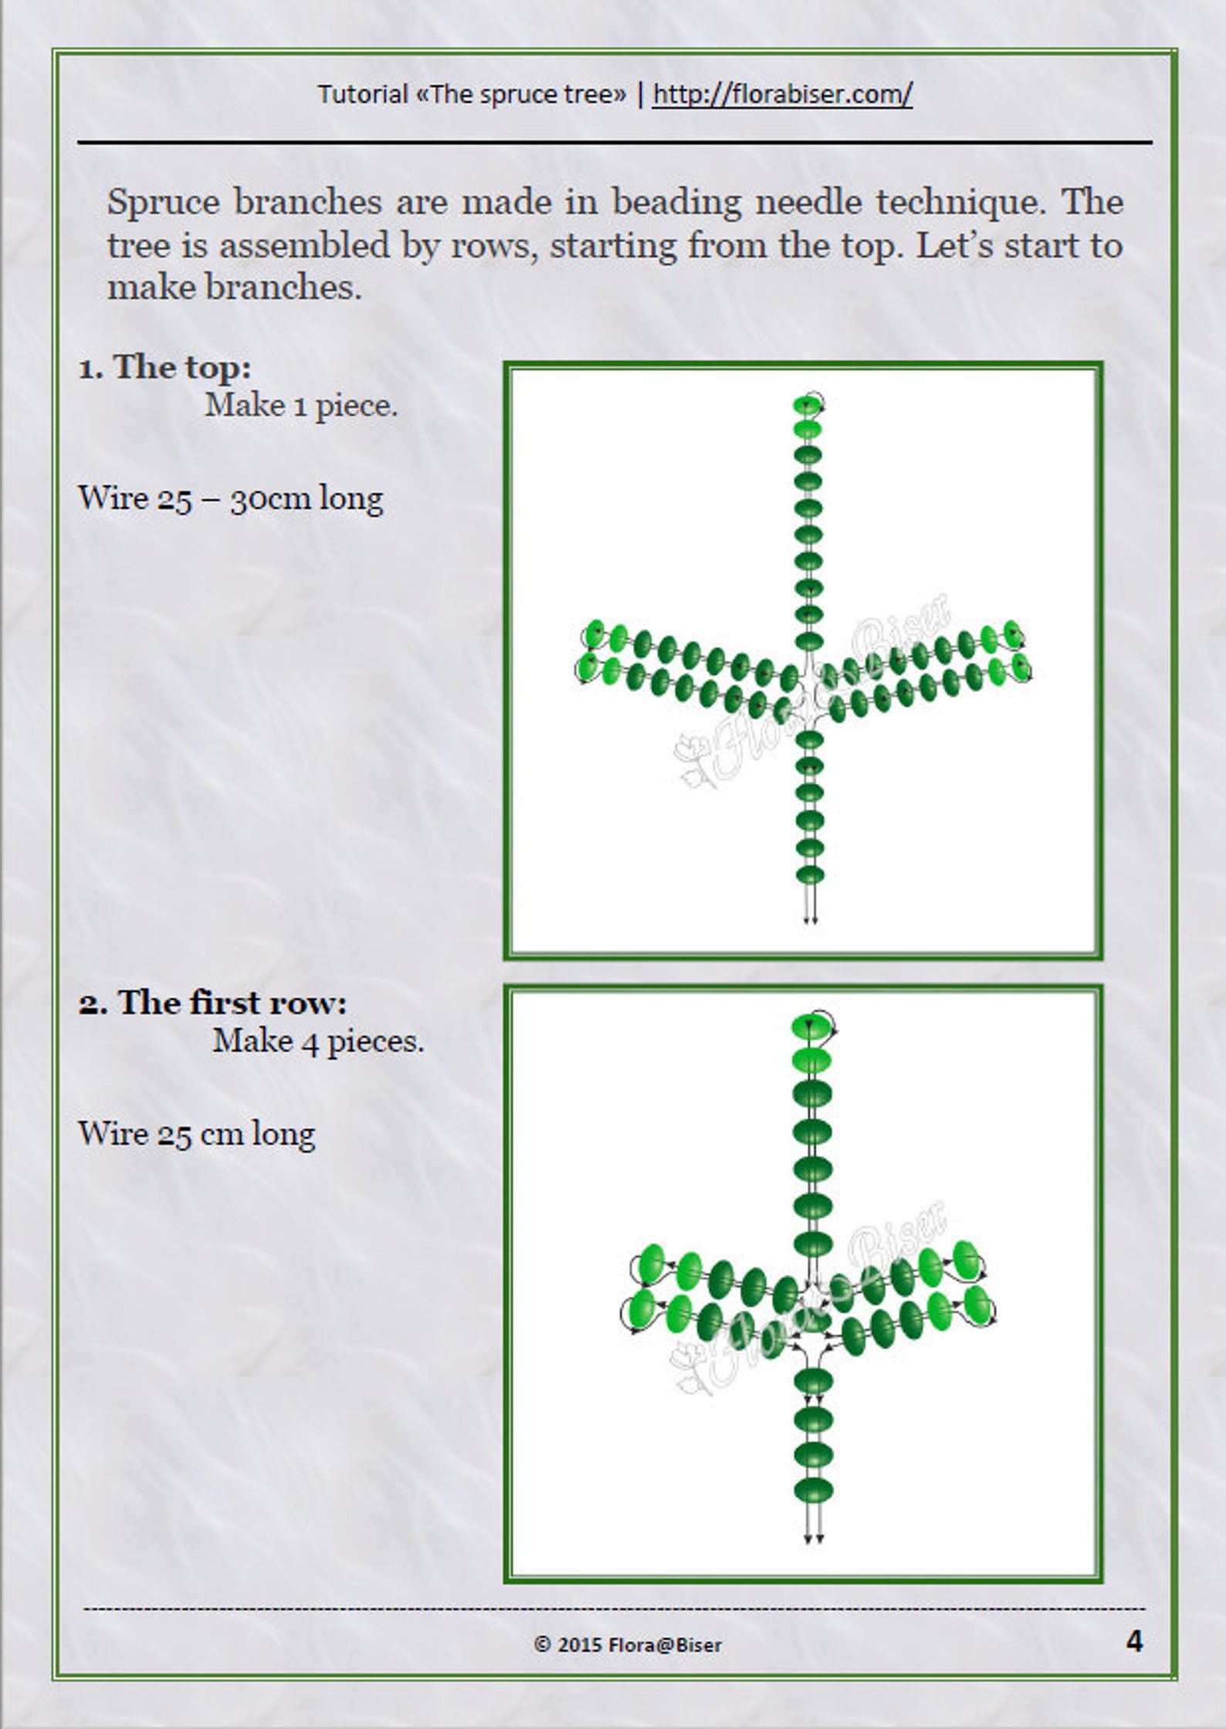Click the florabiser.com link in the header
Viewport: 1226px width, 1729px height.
(x=782, y=94)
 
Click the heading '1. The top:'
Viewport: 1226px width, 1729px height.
(x=164, y=367)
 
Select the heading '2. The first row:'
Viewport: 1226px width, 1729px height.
(x=212, y=1003)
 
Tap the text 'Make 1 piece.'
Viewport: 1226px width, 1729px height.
(x=301, y=405)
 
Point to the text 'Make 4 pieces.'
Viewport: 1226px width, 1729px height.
(x=318, y=1041)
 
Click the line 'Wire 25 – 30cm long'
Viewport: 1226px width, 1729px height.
(x=230, y=499)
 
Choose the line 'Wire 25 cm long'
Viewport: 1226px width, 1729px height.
(x=197, y=1134)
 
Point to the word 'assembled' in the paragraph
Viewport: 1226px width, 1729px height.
(x=303, y=246)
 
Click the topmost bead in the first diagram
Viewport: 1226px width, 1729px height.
(x=808, y=404)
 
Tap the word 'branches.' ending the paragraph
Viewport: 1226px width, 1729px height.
(x=283, y=288)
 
